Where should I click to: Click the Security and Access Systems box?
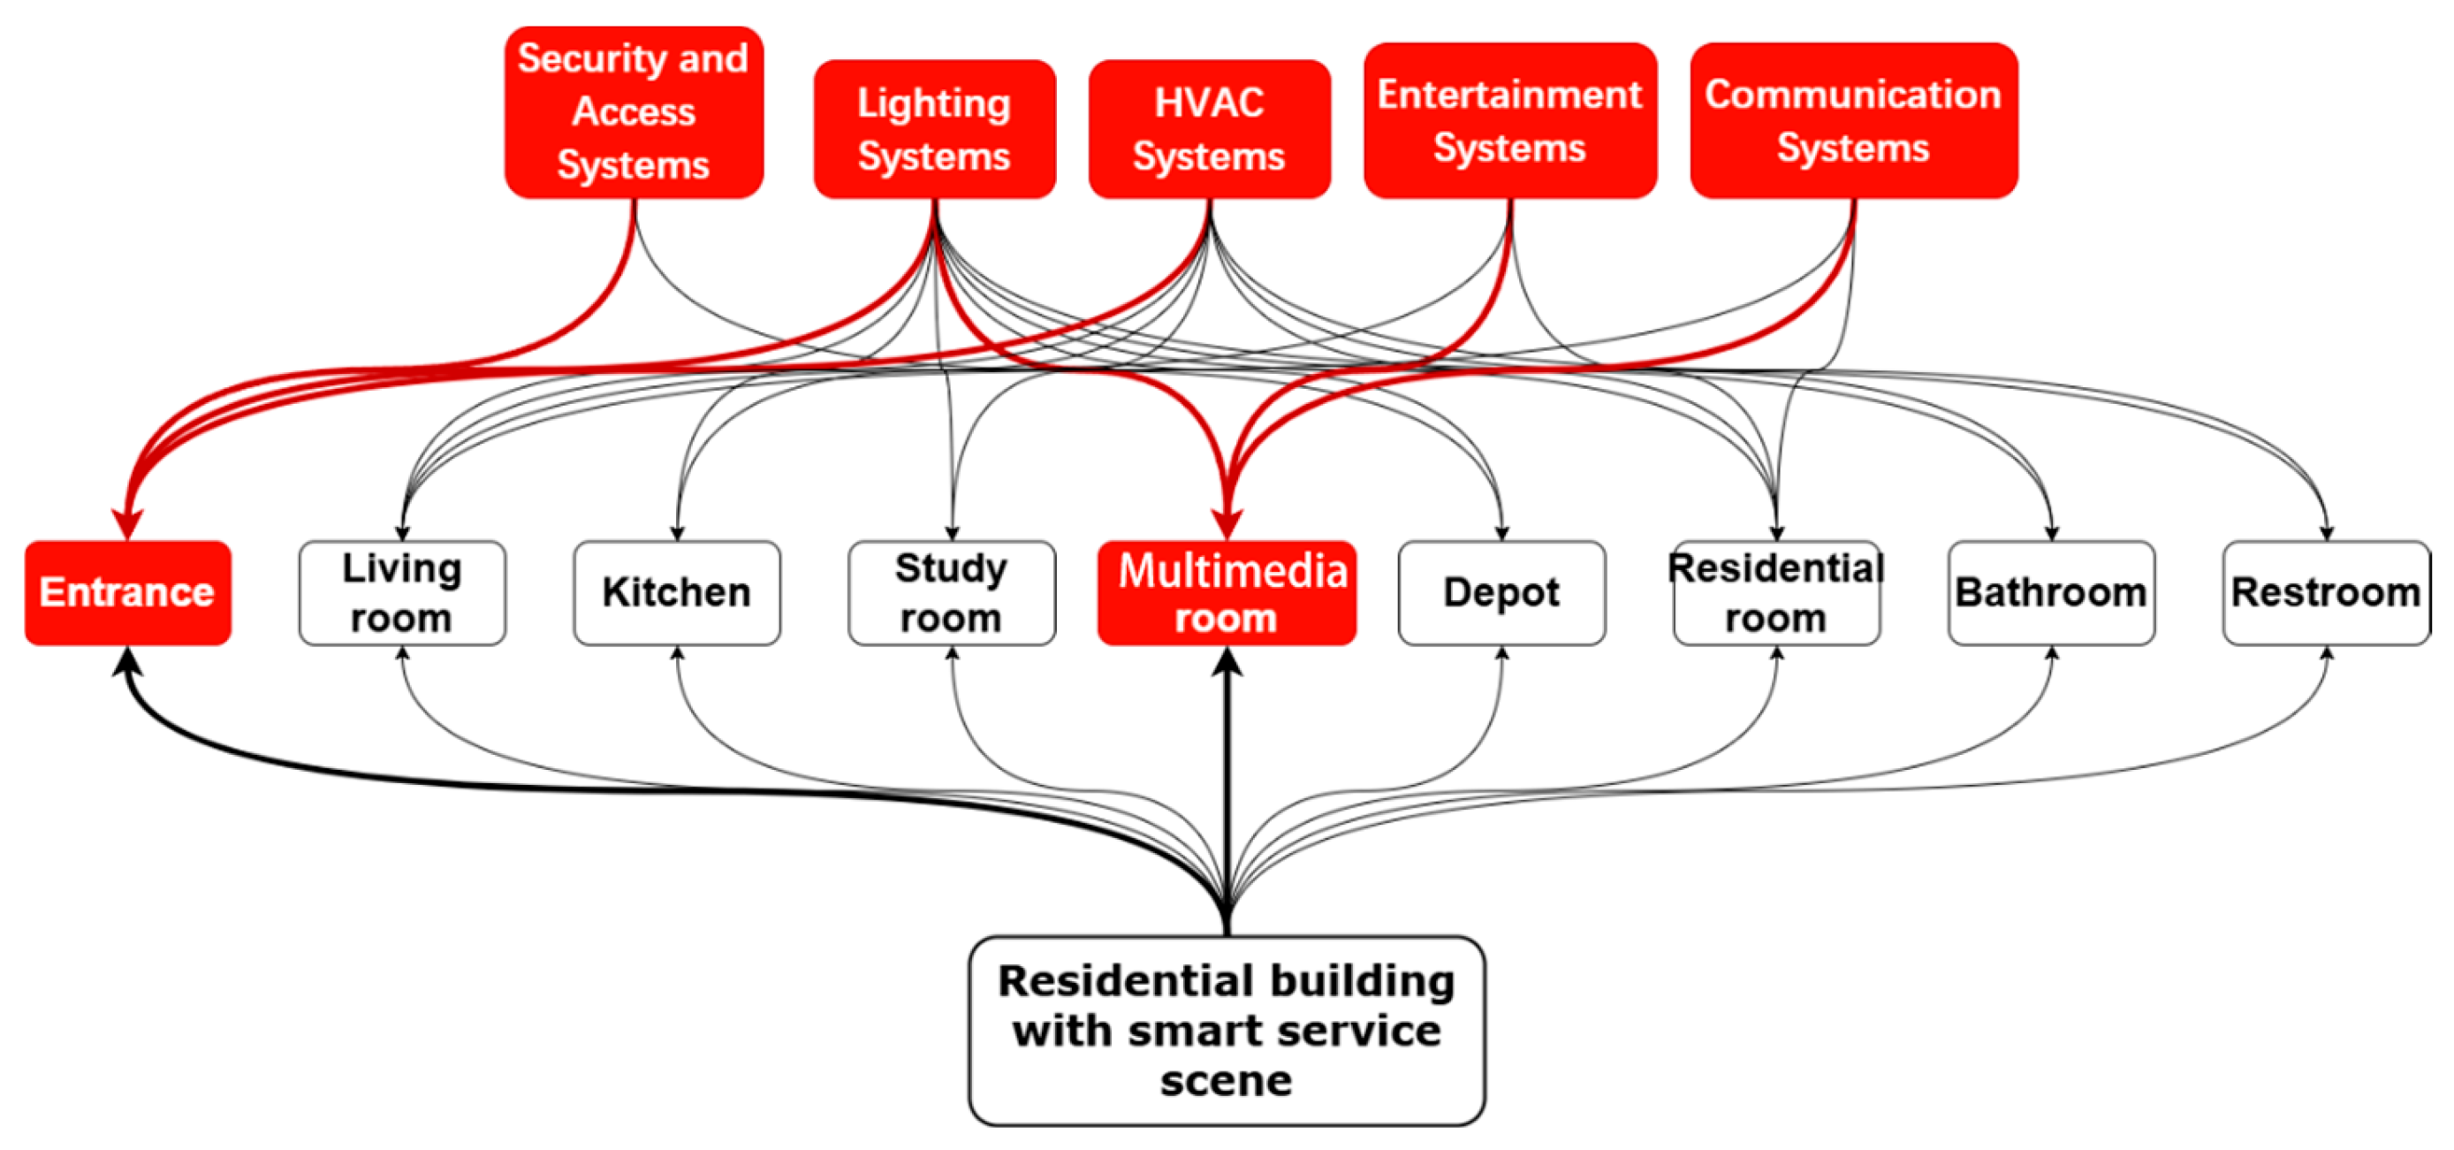pos(634,112)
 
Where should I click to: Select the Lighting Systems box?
pos(935,130)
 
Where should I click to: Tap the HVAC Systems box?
pos(1209,130)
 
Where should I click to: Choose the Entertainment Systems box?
pos(1510,121)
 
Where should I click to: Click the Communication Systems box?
pos(1853,121)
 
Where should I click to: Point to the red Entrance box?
pos(127,592)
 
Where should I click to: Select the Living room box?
pos(402,592)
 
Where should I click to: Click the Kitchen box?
pos(676,592)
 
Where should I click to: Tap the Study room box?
pos(951,592)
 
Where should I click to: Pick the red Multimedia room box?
pos(1227,592)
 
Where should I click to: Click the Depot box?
pos(1501,592)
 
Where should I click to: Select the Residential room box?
pos(1775,592)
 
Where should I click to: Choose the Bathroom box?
pos(2051,592)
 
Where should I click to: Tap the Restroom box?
pos(2325,592)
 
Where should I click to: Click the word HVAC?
pos(1209,103)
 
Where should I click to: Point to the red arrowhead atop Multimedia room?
pos(1227,524)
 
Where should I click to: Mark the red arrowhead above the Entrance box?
pos(127,524)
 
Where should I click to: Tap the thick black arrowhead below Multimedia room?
pos(1227,663)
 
